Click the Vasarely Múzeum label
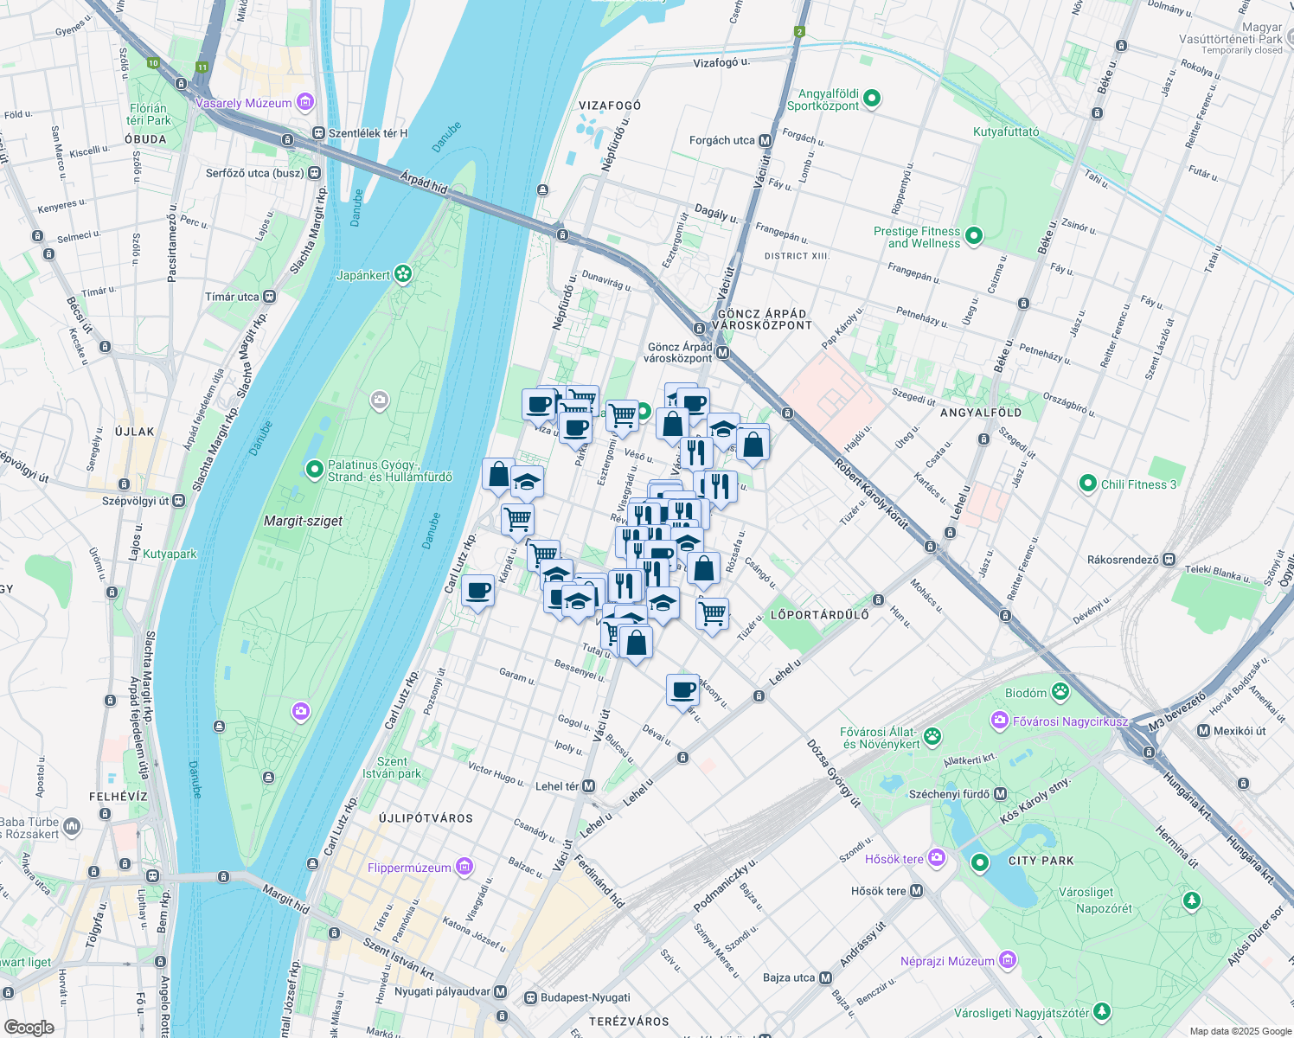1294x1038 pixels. [x=244, y=103]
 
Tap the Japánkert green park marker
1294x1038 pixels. [x=402, y=274]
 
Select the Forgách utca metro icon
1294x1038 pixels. [x=765, y=140]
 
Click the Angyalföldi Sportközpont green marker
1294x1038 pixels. [x=872, y=99]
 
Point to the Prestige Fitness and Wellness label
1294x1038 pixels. [x=916, y=237]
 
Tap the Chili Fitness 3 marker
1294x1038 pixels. [x=1088, y=484]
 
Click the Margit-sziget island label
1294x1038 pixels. [x=303, y=521]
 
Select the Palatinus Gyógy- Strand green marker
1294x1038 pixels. [x=315, y=470]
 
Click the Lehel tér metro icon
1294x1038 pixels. [x=589, y=786]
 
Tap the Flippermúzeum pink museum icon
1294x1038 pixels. [x=465, y=866]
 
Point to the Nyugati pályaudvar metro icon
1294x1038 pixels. [x=501, y=992]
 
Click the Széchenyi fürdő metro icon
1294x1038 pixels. [x=1001, y=794]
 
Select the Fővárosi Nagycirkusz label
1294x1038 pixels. [x=1070, y=721]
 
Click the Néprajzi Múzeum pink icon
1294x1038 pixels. [x=1007, y=959]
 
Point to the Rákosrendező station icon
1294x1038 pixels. [x=1169, y=560]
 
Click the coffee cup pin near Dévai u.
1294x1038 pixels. [x=683, y=690]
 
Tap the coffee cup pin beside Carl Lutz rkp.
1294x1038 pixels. [x=477, y=592]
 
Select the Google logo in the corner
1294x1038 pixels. [x=29, y=1028]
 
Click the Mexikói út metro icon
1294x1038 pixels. [x=1203, y=731]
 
